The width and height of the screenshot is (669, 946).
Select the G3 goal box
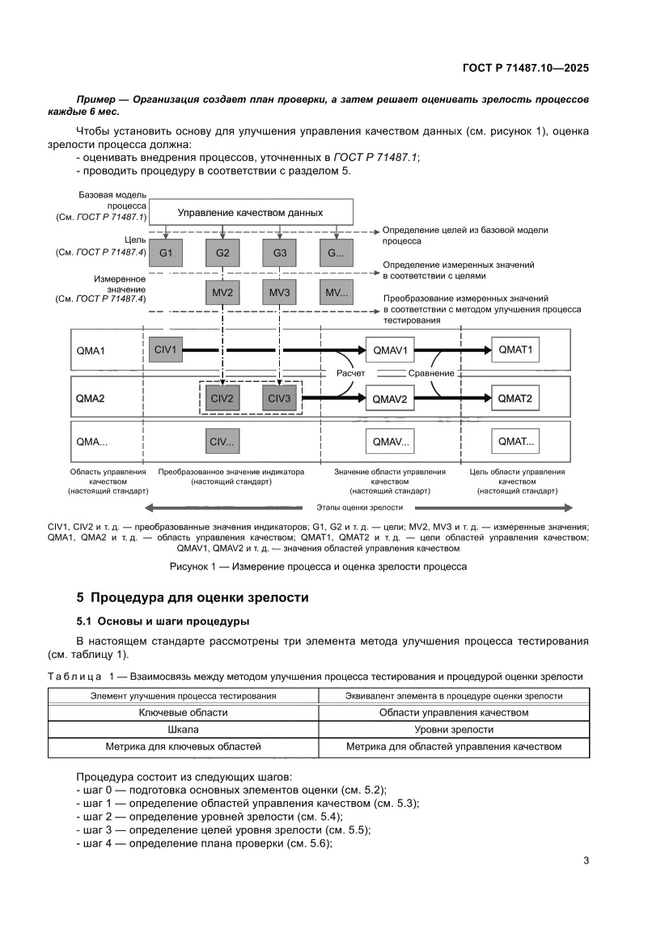point(279,253)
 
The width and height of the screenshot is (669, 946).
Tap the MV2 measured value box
point(222,292)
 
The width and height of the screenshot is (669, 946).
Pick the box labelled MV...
point(336,292)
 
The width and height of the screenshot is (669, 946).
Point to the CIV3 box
point(279,398)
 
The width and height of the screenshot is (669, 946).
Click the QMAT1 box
point(515,350)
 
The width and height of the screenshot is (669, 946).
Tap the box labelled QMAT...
point(515,442)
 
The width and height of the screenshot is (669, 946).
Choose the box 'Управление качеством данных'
point(251,213)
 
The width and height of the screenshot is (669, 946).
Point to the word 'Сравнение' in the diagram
point(431,373)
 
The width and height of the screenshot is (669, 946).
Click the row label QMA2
point(91,398)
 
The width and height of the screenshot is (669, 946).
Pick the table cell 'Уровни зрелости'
point(454,730)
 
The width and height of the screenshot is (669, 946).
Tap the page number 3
point(586,860)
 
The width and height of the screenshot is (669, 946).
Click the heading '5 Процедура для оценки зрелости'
point(192,599)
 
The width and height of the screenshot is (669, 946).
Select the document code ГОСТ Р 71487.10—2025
point(525,69)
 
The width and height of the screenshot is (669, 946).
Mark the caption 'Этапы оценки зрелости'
point(358,507)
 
